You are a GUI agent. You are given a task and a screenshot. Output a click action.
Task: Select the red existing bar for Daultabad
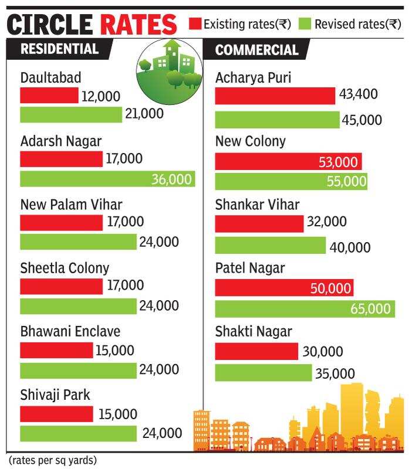[x=49, y=96]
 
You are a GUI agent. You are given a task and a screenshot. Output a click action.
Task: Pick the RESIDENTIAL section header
[x=59, y=49]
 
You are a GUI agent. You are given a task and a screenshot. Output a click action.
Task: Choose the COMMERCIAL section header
[x=257, y=50]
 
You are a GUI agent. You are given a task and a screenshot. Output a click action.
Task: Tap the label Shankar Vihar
[x=257, y=205]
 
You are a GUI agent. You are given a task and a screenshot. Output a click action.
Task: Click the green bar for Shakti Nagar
[x=263, y=373]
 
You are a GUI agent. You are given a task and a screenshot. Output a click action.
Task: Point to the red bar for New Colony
[x=288, y=162]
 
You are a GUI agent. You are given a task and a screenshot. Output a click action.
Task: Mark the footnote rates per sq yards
[x=52, y=460]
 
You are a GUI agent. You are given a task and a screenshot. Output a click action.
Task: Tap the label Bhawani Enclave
[x=70, y=331]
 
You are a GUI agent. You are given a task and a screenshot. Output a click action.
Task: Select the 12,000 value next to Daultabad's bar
[x=101, y=96]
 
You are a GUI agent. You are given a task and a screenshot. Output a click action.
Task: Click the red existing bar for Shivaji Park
[x=56, y=414]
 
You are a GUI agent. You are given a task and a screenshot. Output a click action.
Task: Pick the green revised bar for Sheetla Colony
[x=78, y=306]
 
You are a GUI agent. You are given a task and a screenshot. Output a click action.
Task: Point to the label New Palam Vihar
[x=71, y=205]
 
